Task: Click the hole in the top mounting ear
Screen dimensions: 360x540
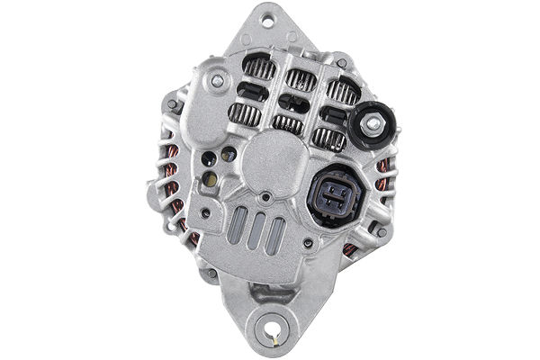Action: tap(266, 16)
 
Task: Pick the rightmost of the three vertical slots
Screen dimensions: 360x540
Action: tap(278, 236)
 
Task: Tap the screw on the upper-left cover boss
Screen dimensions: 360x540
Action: tap(217, 81)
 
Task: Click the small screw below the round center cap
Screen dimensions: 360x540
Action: tap(265, 196)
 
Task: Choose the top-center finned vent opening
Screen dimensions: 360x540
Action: tap(300, 81)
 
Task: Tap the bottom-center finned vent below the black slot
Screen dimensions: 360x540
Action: tap(288, 124)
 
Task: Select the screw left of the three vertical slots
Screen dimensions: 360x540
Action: tap(207, 214)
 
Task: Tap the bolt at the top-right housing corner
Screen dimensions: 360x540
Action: tap(342, 64)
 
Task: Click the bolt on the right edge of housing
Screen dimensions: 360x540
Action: tap(382, 231)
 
